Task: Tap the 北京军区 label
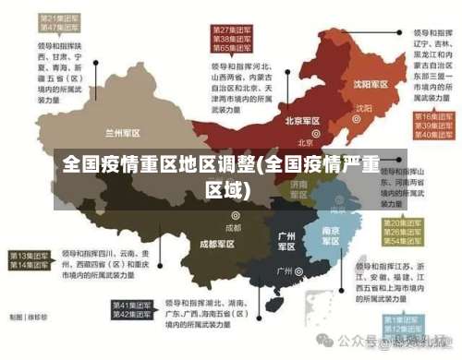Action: pyautogui.click(x=302, y=121)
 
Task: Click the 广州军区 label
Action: pyautogui.click(x=287, y=241)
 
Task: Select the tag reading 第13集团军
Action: pyautogui.click(x=30, y=255)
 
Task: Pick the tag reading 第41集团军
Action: pyautogui.click(x=132, y=306)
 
